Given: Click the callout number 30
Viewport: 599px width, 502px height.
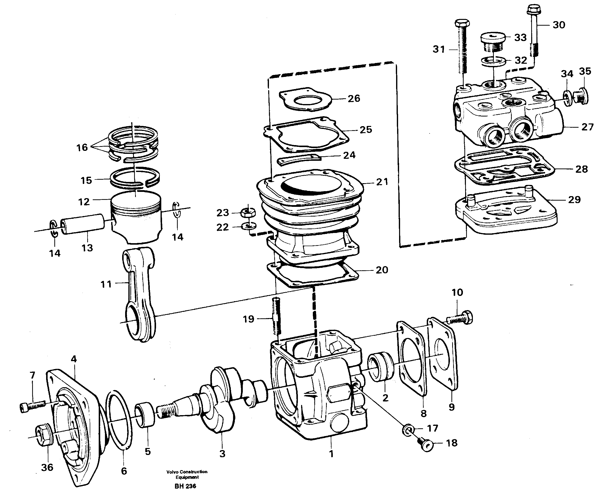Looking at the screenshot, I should coord(559,25).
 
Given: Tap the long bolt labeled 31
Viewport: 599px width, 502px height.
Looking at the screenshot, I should coord(463,51).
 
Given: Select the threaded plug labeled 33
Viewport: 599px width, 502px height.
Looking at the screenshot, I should coord(493,42).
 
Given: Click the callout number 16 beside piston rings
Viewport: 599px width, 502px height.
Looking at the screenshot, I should coord(82,148).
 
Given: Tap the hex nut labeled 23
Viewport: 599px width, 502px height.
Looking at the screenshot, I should coord(248,212).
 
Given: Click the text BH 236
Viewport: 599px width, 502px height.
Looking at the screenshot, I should coord(185,486).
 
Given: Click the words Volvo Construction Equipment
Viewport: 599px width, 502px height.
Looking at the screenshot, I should coord(187,474).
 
